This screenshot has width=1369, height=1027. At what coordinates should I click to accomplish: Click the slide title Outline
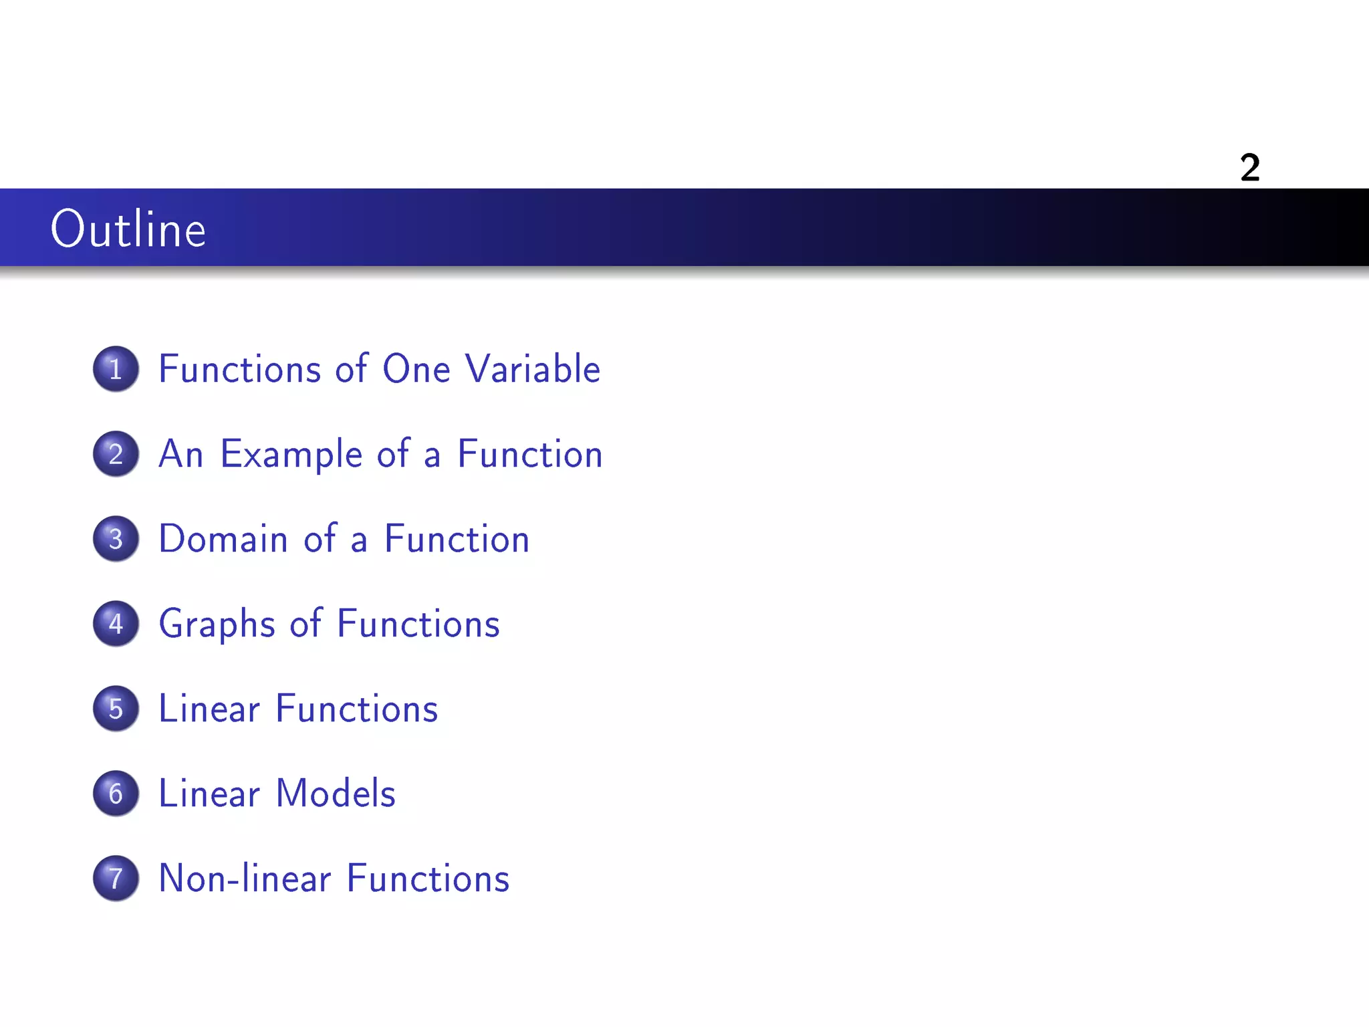128,229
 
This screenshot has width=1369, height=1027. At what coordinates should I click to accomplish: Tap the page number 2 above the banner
1249,167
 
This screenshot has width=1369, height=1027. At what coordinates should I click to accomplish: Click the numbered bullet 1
116,368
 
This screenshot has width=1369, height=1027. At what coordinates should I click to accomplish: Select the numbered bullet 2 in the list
116,453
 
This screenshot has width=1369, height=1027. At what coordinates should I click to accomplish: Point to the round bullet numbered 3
116,538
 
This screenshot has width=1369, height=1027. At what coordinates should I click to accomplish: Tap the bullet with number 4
116,623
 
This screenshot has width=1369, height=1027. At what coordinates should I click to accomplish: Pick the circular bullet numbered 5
116,708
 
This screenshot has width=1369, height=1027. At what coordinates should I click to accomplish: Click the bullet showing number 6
116,793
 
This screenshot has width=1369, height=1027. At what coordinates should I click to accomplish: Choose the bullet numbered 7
116,878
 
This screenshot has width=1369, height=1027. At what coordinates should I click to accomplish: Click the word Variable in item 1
533,368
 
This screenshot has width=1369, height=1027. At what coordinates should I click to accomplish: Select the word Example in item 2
291,455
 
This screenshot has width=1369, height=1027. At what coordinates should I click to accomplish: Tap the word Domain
223,539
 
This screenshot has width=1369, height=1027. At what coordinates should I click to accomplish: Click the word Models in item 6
336,794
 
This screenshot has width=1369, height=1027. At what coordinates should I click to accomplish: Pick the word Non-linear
245,879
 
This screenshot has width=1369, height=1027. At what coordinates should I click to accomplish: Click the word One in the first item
416,368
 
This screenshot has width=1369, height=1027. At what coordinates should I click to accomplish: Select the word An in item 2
180,454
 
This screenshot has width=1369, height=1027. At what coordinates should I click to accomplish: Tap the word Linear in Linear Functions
209,709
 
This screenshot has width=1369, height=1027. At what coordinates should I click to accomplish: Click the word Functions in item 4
418,624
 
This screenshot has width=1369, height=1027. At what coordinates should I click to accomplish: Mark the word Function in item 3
457,539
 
